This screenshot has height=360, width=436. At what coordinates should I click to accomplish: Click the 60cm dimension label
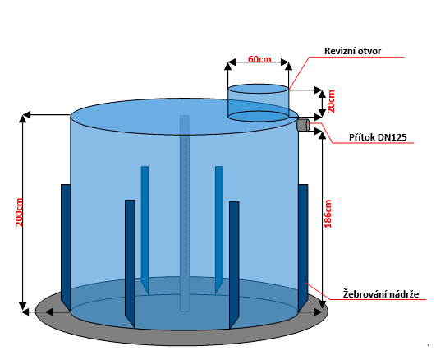coord(259,59)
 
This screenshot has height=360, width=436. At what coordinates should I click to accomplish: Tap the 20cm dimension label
coord(331,101)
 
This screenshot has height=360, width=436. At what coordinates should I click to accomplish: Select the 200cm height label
coord(19,212)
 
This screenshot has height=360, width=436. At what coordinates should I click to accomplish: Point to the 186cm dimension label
coord(328,214)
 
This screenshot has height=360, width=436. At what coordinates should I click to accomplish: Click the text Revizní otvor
coord(352,51)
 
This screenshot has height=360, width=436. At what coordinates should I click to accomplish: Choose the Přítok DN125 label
coord(378,137)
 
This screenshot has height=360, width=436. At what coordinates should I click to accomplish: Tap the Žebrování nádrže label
coord(381,294)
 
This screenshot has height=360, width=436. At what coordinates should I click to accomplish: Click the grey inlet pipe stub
coord(303,124)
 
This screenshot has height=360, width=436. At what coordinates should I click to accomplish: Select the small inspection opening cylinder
coord(259,103)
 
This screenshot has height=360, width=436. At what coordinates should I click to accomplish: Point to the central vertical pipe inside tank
coord(185,213)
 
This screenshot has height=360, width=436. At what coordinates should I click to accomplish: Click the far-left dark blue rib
coord(66,247)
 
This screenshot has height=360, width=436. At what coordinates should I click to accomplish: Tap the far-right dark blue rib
coord(303,247)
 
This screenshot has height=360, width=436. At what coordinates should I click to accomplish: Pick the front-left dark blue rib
coord(130,264)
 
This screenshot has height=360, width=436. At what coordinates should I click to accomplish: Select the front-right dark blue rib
coord(234,265)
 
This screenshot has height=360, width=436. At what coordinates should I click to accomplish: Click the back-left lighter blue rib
coord(145,230)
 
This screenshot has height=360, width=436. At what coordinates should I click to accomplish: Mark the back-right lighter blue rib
coord(219,230)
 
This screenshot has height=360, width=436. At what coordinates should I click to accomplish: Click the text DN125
coord(392,137)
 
